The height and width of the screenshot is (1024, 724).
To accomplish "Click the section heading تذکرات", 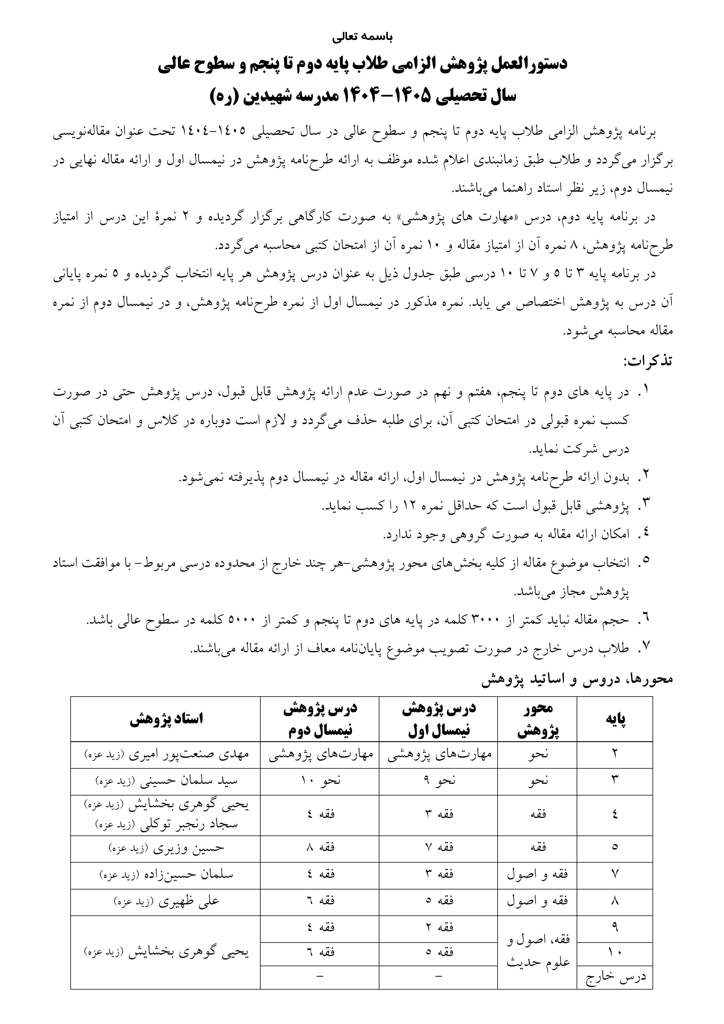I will click(x=647, y=361).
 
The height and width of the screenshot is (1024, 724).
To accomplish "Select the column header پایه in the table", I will click(x=615, y=719).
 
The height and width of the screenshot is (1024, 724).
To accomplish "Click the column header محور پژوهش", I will click(x=537, y=719).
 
